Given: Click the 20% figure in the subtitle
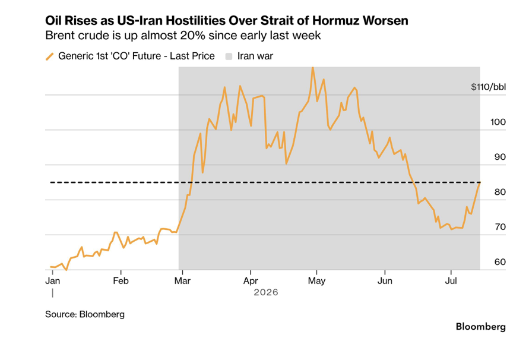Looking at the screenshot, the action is (x=192, y=35).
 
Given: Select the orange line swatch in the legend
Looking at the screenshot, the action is (x=50, y=56).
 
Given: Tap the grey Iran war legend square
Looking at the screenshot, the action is (x=229, y=56).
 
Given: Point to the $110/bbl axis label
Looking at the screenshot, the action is (x=488, y=87).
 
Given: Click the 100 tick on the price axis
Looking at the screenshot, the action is (x=498, y=122).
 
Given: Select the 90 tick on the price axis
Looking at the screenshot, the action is (x=500, y=157).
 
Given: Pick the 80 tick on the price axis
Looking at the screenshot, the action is (x=500, y=192).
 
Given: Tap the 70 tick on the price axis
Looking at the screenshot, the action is (x=500, y=227).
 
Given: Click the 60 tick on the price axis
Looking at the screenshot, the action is (x=500, y=262).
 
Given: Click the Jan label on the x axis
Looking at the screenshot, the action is (x=53, y=280).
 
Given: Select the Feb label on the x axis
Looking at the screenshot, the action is (x=121, y=280).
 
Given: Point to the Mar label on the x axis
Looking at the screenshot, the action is (x=182, y=280).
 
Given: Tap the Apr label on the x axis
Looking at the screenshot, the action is (x=251, y=281).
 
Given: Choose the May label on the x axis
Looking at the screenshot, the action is (x=316, y=281).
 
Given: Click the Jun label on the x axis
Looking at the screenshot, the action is (x=385, y=280).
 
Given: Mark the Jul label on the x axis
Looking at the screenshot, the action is (x=451, y=280).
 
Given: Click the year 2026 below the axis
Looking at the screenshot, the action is (x=266, y=292).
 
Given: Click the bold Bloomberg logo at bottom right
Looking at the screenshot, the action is (x=481, y=327).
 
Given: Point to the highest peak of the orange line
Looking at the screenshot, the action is (x=313, y=68).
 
